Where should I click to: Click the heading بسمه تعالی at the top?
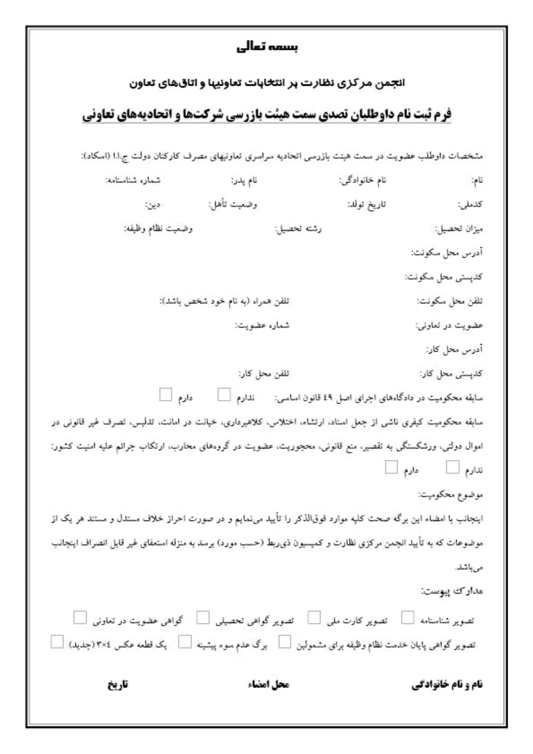(x=267, y=47)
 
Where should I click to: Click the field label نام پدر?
(x=244, y=180)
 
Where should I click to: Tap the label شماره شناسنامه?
(x=132, y=180)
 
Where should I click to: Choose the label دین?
(x=152, y=205)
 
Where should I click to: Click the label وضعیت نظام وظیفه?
(x=158, y=229)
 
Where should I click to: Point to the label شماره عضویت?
(x=262, y=325)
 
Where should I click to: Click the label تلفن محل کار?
(x=264, y=374)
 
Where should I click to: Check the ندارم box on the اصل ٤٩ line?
(x=224, y=394)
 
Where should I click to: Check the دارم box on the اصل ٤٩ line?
(x=166, y=394)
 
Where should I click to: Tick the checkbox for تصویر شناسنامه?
(x=407, y=617)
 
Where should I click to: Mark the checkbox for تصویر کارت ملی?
(x=314, y=617)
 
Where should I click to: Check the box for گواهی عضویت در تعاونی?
(x=80, y=617)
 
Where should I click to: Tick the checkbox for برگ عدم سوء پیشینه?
(x=185, y=642)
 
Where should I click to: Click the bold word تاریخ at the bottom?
(x=118, y=684)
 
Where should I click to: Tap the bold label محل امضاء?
(x=268, y=684)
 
